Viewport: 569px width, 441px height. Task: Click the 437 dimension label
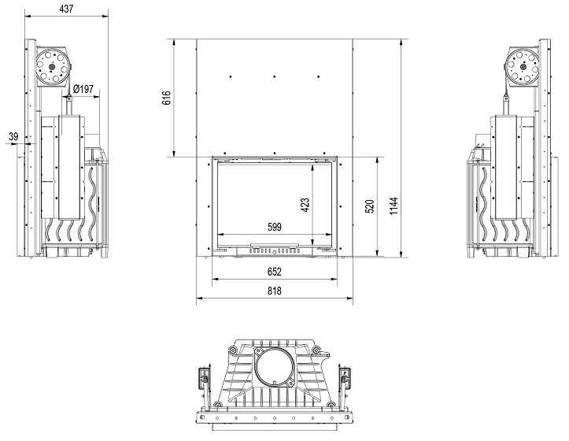pyautogui.click(x=66, y=9)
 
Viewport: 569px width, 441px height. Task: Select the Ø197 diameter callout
pyautogui.click(x=83, y=89)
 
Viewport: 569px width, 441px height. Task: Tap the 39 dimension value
pyautogui.click(x=13, y=137)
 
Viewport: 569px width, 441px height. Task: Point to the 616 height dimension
pyautogui.click(x=166, y=98)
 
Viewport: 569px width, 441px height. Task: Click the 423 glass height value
pyautogui.click(x=305, y=205)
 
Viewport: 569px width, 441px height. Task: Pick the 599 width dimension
pyautogui.click(x=275, y=228)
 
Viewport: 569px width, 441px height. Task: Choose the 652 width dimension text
pyautogui.click(x=275, y=272)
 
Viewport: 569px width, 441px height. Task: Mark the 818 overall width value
pyautogui.click(x=275, y=291)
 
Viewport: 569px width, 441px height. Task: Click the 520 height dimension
pyautogui.click(x=369, y=206)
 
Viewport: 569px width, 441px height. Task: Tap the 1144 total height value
pyautogui.click(x=393, y=206)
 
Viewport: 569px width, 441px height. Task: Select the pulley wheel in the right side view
pyautogui.click(x=523, y=67)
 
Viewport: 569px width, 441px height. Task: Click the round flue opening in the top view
pyautogui.click(x=274, y=367)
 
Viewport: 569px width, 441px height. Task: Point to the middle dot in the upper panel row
pyautogui.click(x=275, y=76)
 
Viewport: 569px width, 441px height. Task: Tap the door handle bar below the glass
pyautogui.click(x=275, y=245)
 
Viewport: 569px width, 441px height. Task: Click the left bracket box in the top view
pyautogui.click(x=204, y=377)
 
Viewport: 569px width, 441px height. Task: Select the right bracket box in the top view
pyautogui.click(x=345, y=377)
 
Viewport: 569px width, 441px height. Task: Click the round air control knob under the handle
pyautogui.click(x=275, y=252)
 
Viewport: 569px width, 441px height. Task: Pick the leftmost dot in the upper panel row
pyautogui.click(x=231, y=76)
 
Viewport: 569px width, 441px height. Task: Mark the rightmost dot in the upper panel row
pyautogui.click(x=319, y=76)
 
